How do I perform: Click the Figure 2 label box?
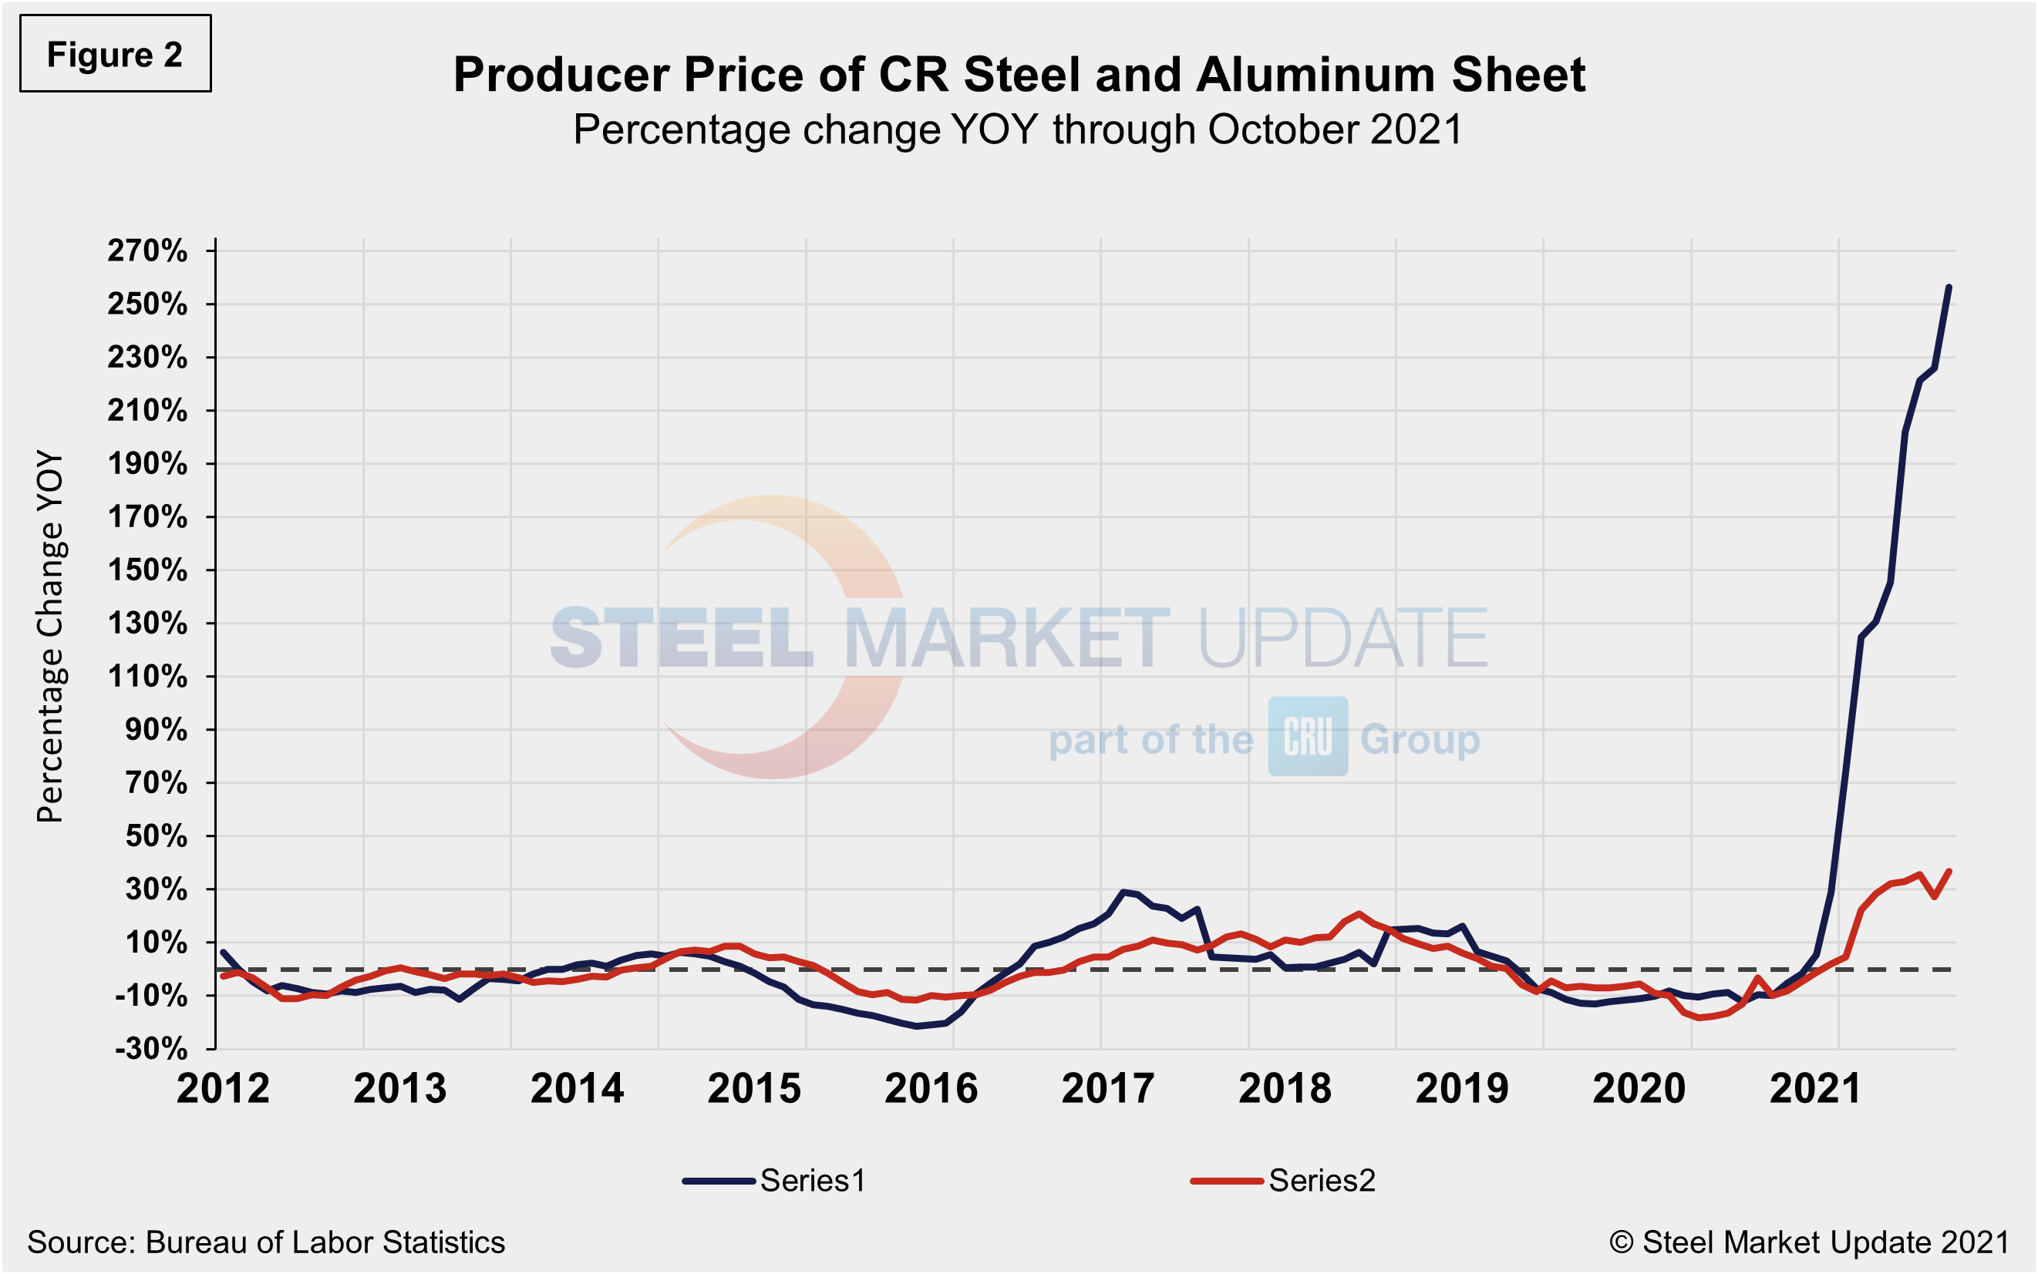(116, 54)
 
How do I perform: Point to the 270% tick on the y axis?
(147, 251)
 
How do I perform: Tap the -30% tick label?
(152, 1049)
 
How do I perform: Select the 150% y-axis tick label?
(147, 570)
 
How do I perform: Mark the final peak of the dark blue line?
(1949, 287)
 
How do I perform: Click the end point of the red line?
(1949, 871)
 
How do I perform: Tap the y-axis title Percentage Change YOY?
(51, 636)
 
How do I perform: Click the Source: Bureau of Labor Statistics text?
(266, 1242)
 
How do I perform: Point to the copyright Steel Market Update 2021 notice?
(1809, 1242)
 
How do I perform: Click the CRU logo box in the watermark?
(1307, 737)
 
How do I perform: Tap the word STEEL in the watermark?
(681, 638)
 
